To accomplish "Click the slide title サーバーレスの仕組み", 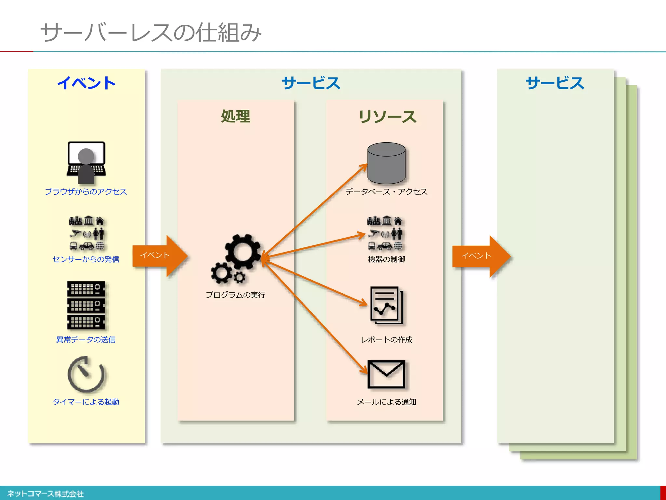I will (x=151, y=33).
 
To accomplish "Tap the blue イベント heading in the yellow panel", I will (x=87, y=83).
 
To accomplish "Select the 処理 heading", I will (x=235, y=117).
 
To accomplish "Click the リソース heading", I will (x=387, y=117).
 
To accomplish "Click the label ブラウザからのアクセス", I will (x=86, y=192).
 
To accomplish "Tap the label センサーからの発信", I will (x=86, y=259).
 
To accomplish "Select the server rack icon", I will (x=86, y=305).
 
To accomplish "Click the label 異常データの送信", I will (x=86, y=340).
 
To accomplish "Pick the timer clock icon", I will (x=86, y=374).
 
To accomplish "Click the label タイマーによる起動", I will (x=86, y=402).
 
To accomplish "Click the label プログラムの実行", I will (x=235, y=295).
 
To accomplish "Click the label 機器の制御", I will (x=386, y=259).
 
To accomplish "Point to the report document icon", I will (x=386, y=305).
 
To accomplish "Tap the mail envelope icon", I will (x=386, y=374).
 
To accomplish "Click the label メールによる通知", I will (x=386, y=402).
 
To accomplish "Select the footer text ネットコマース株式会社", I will (x=46, y=494).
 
